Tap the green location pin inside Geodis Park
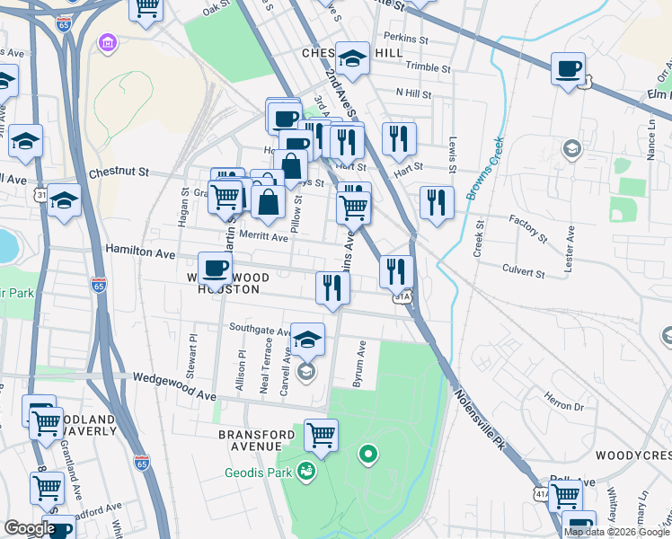367,455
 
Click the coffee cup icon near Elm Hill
568,70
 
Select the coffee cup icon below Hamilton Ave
215,267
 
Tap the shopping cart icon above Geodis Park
321,436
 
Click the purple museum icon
108,43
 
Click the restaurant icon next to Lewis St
437,201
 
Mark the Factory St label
527,229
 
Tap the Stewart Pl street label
192,355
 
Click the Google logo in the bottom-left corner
30,528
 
